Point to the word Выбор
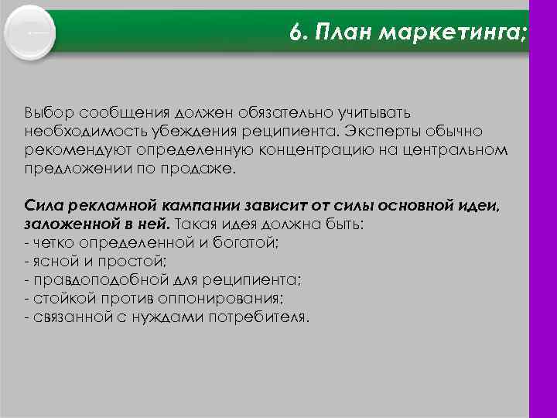tap(47, 113)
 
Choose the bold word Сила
tap(42, 206)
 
